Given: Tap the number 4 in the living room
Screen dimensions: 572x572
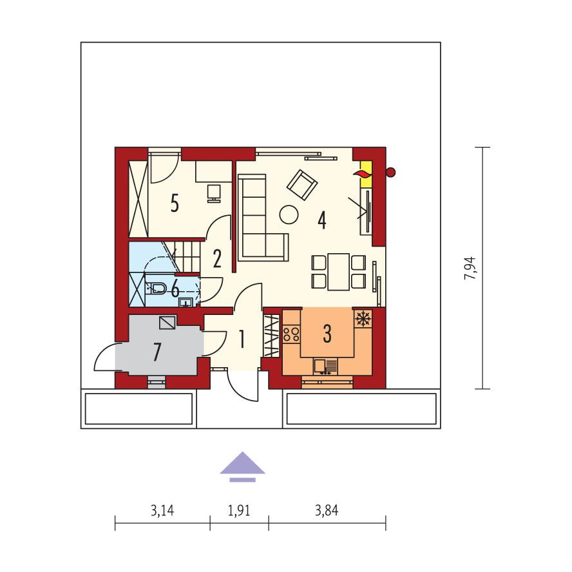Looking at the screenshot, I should point(321,220).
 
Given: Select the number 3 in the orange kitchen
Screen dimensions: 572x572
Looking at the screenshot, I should point(327,334).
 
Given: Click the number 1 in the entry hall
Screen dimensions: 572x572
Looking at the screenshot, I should point(242,339).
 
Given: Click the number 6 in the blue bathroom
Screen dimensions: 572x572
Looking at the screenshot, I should point(175,288).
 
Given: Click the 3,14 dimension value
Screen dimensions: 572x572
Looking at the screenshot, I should point(162,511).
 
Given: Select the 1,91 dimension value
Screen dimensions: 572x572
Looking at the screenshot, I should point(239,511).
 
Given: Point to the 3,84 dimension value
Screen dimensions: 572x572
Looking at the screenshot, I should point(327,511).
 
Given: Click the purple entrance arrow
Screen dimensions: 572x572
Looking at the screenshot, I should point(242,466).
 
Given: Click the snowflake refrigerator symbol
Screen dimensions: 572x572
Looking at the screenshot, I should point(363,318).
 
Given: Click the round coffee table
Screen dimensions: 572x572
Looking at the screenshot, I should point(289,213).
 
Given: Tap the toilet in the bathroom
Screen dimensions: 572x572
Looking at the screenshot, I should point(158,288).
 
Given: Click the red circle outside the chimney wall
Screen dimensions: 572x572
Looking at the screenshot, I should point(390,171).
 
